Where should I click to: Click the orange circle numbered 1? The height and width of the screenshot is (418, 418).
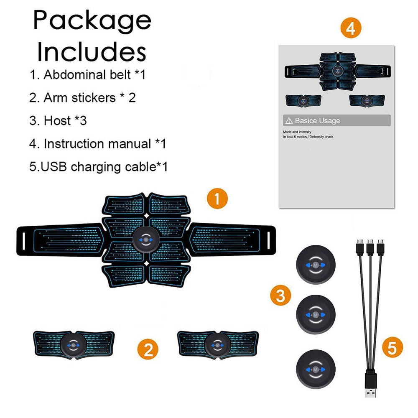coord(217,199)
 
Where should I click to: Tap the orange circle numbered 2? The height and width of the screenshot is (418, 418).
coord(148,348)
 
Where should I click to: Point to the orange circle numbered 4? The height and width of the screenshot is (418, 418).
coord(351,28)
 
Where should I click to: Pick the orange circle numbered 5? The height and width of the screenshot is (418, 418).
coord(392,348)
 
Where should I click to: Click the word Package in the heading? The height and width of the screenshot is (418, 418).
coord(92,20)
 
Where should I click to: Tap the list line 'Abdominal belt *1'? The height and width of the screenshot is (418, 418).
coord(87,75)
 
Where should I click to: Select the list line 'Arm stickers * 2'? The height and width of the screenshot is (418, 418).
coord(82,98)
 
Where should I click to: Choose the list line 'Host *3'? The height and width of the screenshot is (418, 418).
coord(58,121)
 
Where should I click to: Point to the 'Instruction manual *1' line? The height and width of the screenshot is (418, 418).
coord(98,144)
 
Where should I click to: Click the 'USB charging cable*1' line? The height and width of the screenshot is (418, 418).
coord(99,167)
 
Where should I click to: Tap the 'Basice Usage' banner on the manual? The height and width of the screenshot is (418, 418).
coord(336,121)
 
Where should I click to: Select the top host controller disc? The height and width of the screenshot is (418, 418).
coord(315,265)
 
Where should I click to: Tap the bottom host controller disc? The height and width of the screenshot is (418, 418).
coord(315,370)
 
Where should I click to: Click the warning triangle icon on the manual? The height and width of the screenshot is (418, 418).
coord(289,121)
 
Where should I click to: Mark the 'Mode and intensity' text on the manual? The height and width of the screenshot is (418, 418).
coord(297,132)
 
